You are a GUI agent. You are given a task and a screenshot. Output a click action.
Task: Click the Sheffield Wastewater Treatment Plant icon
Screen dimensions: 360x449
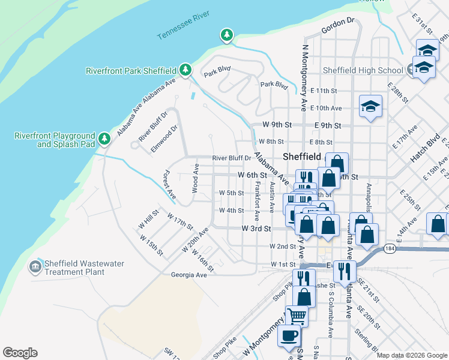(x=35, y=266)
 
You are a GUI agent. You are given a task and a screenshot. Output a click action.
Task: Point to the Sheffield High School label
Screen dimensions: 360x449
(x=363, y=70)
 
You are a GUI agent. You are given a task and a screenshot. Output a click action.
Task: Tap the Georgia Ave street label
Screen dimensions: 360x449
(x=188, y=275)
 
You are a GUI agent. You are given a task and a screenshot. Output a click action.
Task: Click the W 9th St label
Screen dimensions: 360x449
(x=277, y=125)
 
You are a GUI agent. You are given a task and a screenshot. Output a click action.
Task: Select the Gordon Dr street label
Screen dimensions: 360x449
(x=339, y=23)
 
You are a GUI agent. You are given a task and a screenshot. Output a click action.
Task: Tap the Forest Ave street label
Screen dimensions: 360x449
(x=170, y=185)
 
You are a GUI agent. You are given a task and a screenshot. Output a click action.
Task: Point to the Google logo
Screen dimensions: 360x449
(x=20, y=353)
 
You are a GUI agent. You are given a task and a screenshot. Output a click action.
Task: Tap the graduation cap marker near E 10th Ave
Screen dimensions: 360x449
(x=370, y=107)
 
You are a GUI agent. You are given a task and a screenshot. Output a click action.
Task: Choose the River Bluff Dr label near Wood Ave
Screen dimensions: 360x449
(x=231, y=158)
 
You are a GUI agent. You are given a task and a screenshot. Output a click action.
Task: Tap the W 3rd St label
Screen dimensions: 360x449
(x=256, y=229)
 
